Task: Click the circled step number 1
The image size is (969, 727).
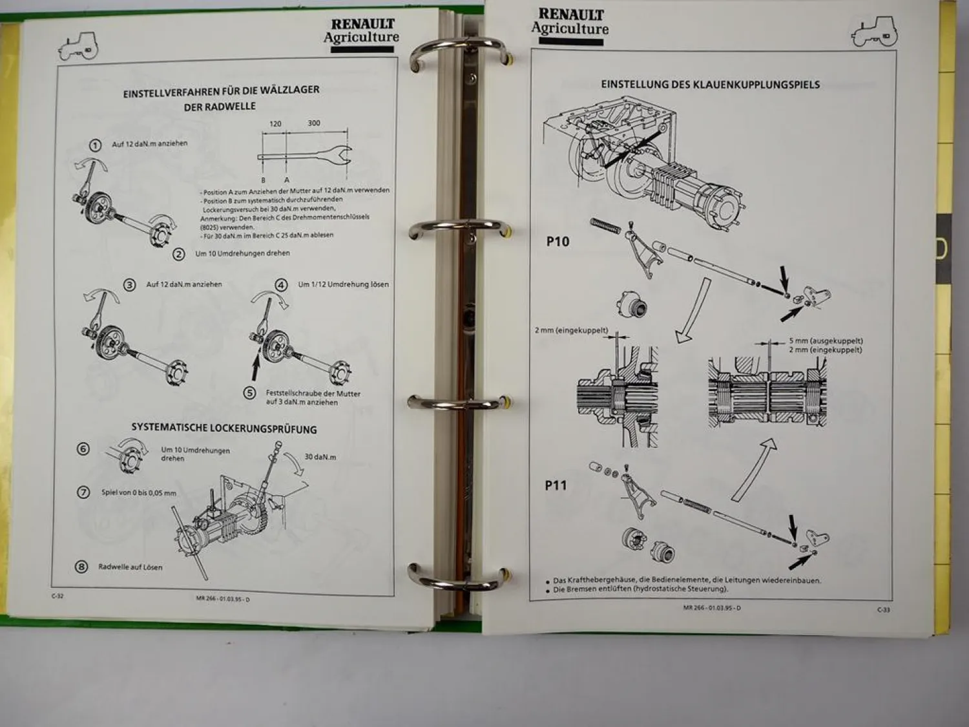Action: pyautogui.click(x=95, y=145)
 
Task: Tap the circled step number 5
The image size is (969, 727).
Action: pyautogui.click(x=249, y=393)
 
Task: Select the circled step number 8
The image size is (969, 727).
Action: pyautogui.click(x=81, y=567)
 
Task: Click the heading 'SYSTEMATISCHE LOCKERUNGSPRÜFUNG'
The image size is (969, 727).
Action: pyautogui.click(x=224, y=428)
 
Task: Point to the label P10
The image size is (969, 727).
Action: pyautogui.click(x=557, y=242)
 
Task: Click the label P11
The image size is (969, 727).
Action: pyautogui.click(x=556, y=485)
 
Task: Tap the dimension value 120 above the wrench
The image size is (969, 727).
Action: pyautogui.click(x=276, y=123)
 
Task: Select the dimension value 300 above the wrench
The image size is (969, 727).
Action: pyautogui.click(x=313, y=123)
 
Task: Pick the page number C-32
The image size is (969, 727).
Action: pyautogui.click(x=57, y=596)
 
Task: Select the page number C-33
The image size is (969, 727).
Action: pyautogui.click(x=882, y=609)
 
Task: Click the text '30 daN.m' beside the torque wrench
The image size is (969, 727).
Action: pyautogui.click(x=320, y=457)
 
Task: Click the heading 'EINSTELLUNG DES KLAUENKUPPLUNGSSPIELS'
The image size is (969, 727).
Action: pyautogui.click(x=710, y=85)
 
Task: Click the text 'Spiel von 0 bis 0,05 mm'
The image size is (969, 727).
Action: pyautogui.click(x=138, y=493)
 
